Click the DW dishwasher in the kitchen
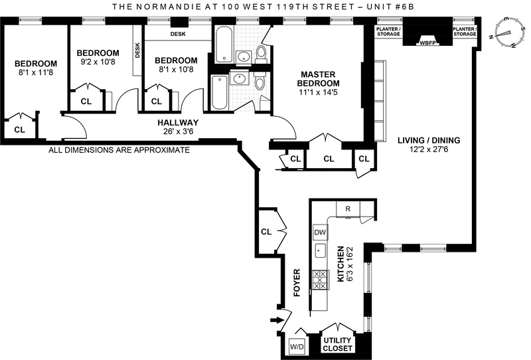click(321, 232)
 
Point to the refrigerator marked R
click(348, 209)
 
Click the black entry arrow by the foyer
click(274, 323)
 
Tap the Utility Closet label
click(337, 343)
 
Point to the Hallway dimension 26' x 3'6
click(178, 132)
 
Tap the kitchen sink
click(321, 252)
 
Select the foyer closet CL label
click(266, 232)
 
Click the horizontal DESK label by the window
click(178, 33)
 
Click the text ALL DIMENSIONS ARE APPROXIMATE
click(119, 150)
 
